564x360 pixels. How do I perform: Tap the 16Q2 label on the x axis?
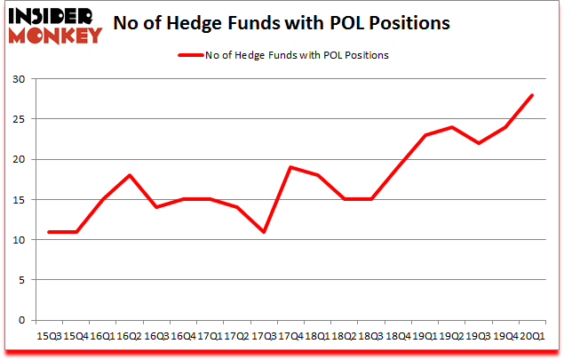click(130, 336)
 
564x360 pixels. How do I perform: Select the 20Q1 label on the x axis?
click(531, 336)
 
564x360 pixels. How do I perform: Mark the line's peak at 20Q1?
click(532, 95)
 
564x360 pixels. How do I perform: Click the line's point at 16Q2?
click(130, 175)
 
